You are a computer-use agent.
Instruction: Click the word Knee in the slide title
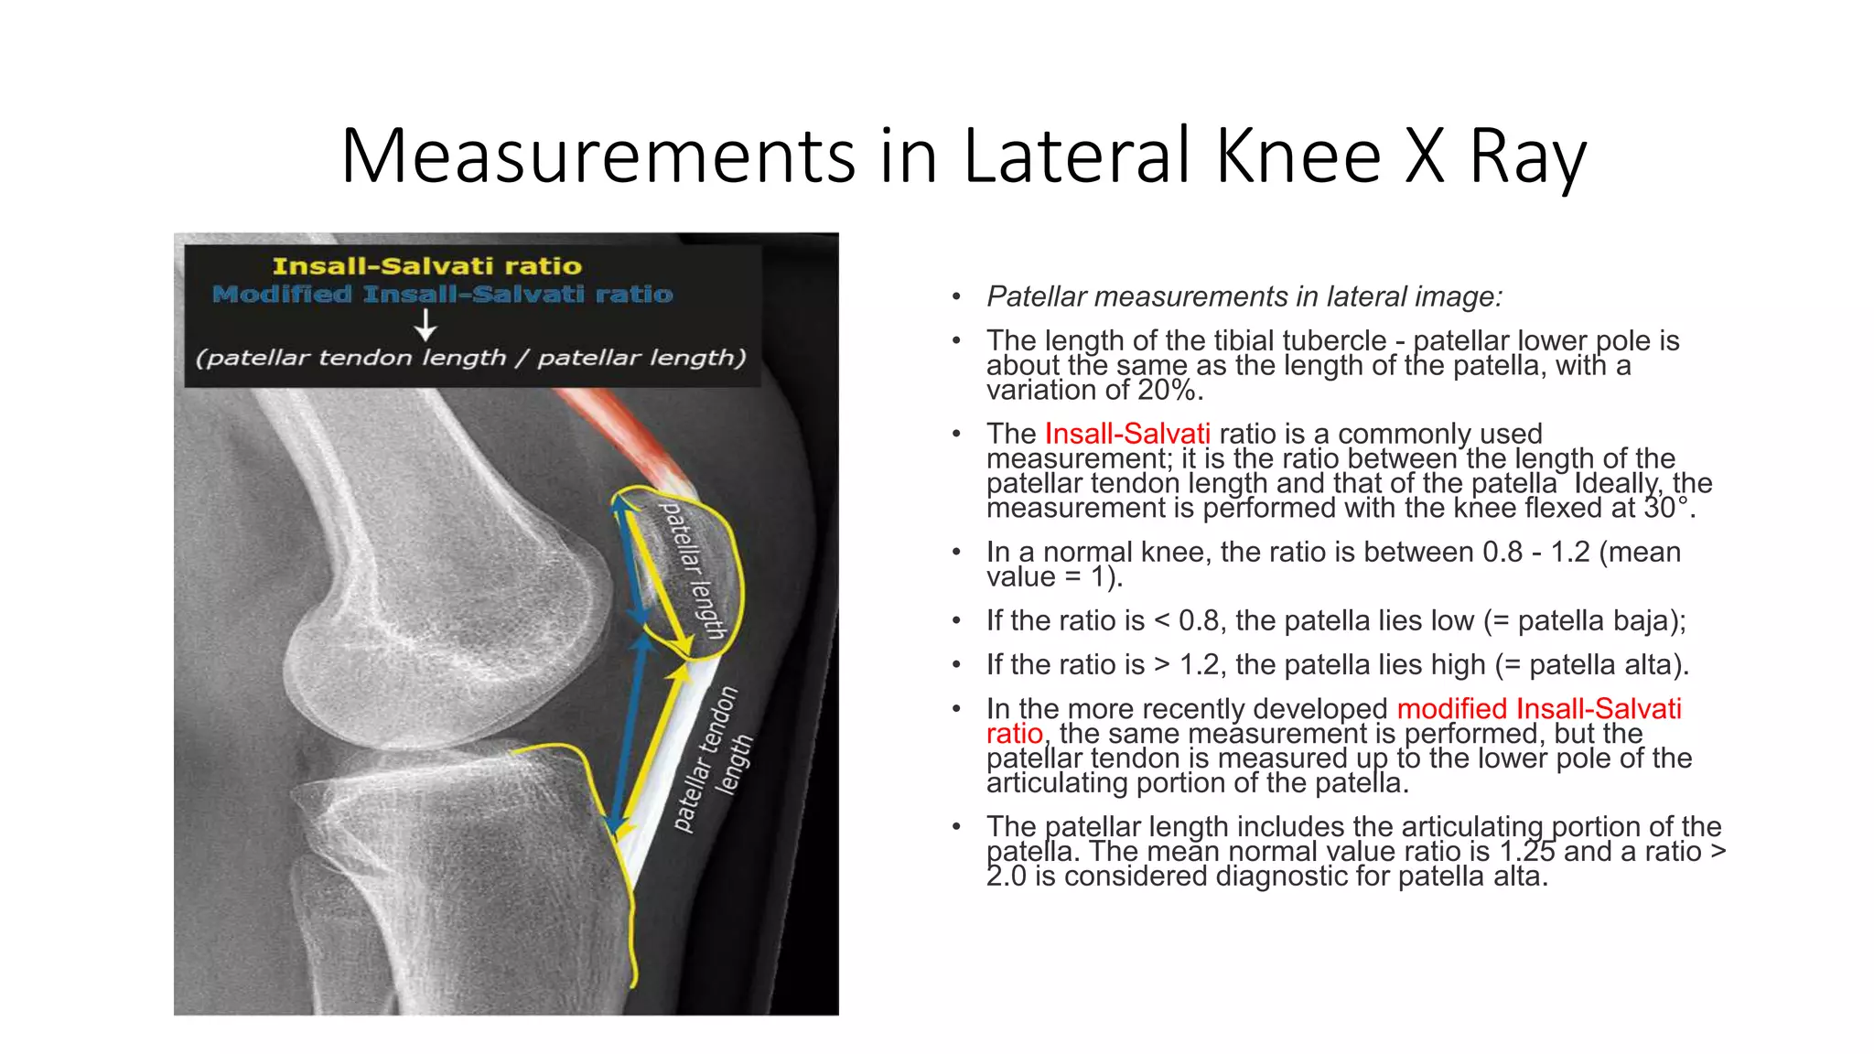coord(1298,156)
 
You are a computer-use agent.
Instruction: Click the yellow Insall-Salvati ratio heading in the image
coord(427,266)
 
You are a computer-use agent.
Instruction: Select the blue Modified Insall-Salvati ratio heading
coord(443,295)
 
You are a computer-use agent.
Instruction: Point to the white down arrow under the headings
coord(425,325)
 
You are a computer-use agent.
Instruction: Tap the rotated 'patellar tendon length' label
coord(715,758)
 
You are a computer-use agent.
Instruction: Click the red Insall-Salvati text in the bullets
coord(1127,434)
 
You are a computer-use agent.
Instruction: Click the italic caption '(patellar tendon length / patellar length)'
coord(470,358)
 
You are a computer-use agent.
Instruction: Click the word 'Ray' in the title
coord(1527,156)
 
